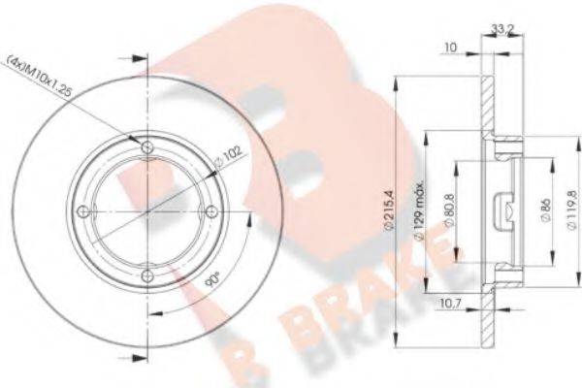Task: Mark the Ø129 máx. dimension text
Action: click(418, 210)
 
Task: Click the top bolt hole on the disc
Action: click(147, 148)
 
